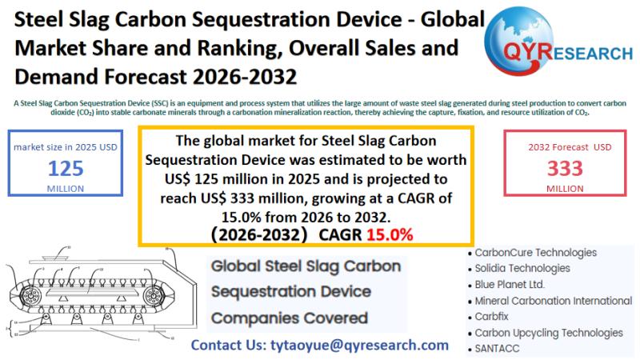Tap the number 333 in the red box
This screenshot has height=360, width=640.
pos(565,168)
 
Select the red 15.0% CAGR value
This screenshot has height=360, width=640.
pos(390,234)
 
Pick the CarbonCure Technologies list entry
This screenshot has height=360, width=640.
pos(535,253)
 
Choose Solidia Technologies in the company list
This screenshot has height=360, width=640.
pos(522,269)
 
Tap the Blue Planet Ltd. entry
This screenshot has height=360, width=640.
pos(510,285)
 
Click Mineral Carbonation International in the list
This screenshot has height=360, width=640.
pos(553,301)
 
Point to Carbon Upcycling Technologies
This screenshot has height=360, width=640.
pos(549,333)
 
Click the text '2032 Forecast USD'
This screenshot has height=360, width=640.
pos(565,146)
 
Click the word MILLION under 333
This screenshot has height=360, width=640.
pos(565,188)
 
